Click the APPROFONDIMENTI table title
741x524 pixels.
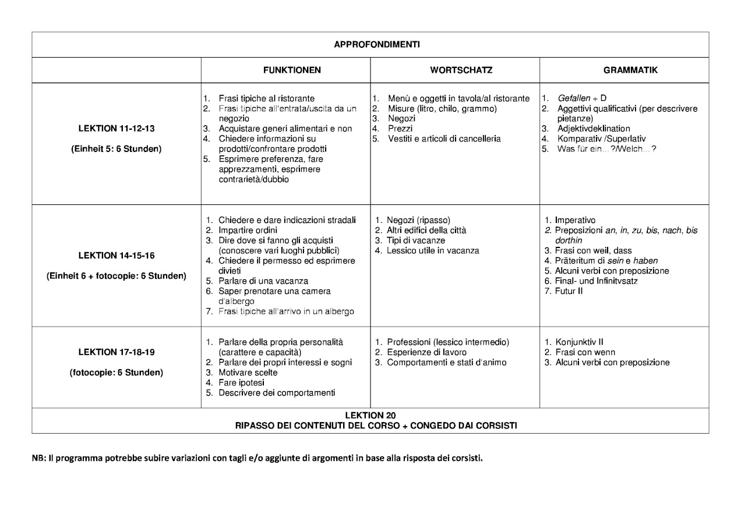click(370, 45)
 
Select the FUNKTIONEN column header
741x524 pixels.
click(292, 70)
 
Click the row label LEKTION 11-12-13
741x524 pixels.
click(117, 128)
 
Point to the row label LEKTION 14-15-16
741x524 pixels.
click(117, 256)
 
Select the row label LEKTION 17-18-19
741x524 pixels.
click(117, 352)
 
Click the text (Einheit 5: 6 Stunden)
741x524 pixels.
click(117, 148)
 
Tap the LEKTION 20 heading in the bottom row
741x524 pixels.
click(370, 415)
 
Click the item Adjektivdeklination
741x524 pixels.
click(594, 129)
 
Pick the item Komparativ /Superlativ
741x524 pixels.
click(601, 139)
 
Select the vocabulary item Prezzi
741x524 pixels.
click(401, 129)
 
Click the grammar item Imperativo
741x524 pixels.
click(575, 220)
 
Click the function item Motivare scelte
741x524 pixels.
click(248, 373)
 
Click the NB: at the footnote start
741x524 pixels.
click(39, 458)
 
